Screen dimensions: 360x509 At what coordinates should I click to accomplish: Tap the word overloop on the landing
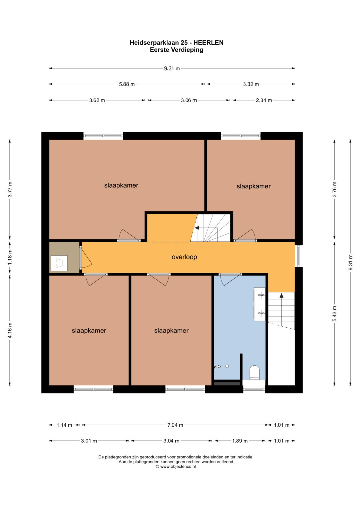[184, 257]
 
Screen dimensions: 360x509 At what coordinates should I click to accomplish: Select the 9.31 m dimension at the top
[172, 68]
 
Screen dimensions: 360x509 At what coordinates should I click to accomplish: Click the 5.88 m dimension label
[127, 84]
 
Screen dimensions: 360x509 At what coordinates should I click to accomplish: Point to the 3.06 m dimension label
[189, 100]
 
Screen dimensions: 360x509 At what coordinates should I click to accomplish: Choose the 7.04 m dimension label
[175, 425]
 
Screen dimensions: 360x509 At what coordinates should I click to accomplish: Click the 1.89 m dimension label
[240, 441]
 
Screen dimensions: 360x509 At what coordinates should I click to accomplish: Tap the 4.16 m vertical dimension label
[10, 330]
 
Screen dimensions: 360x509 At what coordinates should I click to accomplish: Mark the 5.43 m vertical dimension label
[334, 314]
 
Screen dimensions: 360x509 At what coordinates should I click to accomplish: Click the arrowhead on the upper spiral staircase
[197, 228]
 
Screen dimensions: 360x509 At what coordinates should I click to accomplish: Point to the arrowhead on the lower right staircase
[282, 295]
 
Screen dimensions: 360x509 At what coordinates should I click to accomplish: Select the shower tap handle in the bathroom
[217, 367]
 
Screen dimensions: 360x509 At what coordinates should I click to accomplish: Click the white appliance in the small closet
[59, 263]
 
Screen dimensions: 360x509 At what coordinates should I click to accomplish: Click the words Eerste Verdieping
[176, 50]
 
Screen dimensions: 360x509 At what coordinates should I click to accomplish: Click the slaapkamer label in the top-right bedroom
[253, 186]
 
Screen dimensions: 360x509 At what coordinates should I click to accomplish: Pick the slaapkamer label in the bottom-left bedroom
[89, 331]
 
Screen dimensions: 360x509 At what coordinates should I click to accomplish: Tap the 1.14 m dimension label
[64, 425]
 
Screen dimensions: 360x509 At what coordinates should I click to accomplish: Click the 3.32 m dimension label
[251, 84]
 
